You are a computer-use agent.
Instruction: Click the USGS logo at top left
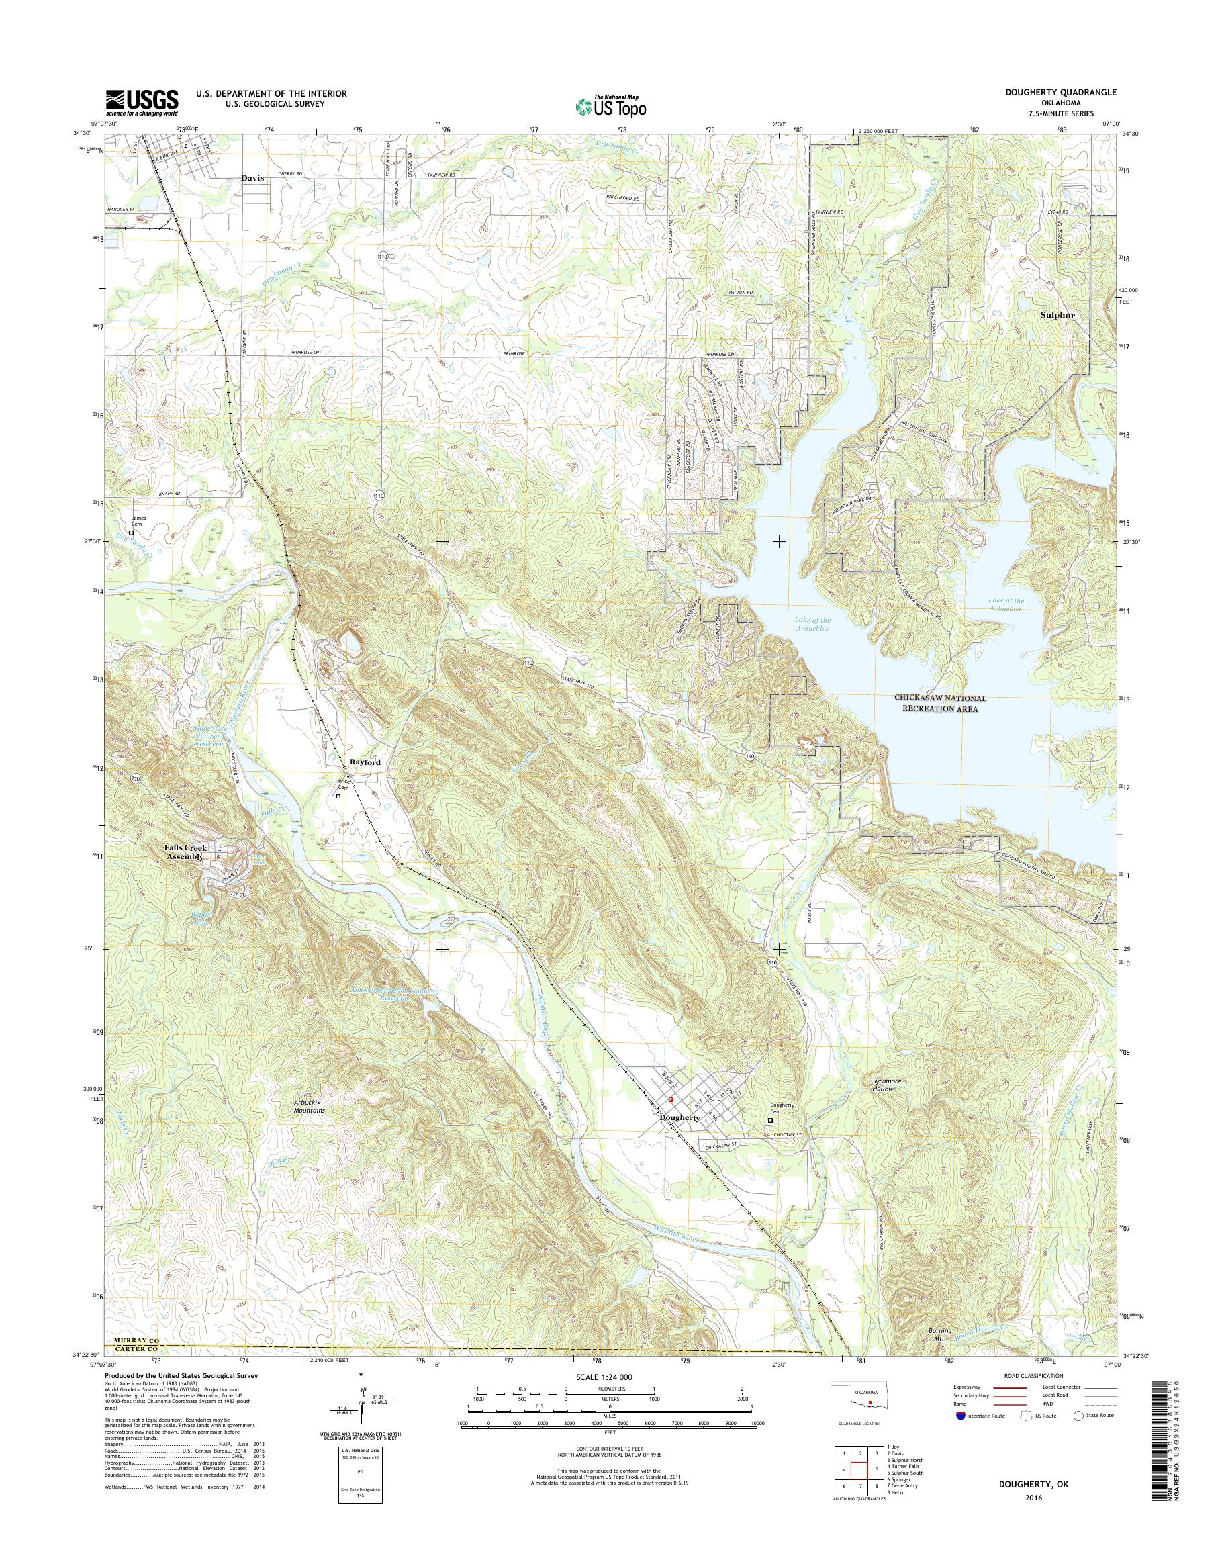pyautogui.click(x=142, y=101)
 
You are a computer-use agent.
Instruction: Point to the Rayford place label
pyautogui.click(x=365, y=762)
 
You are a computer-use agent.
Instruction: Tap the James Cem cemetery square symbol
pyautogui.click(x=131, y=533)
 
